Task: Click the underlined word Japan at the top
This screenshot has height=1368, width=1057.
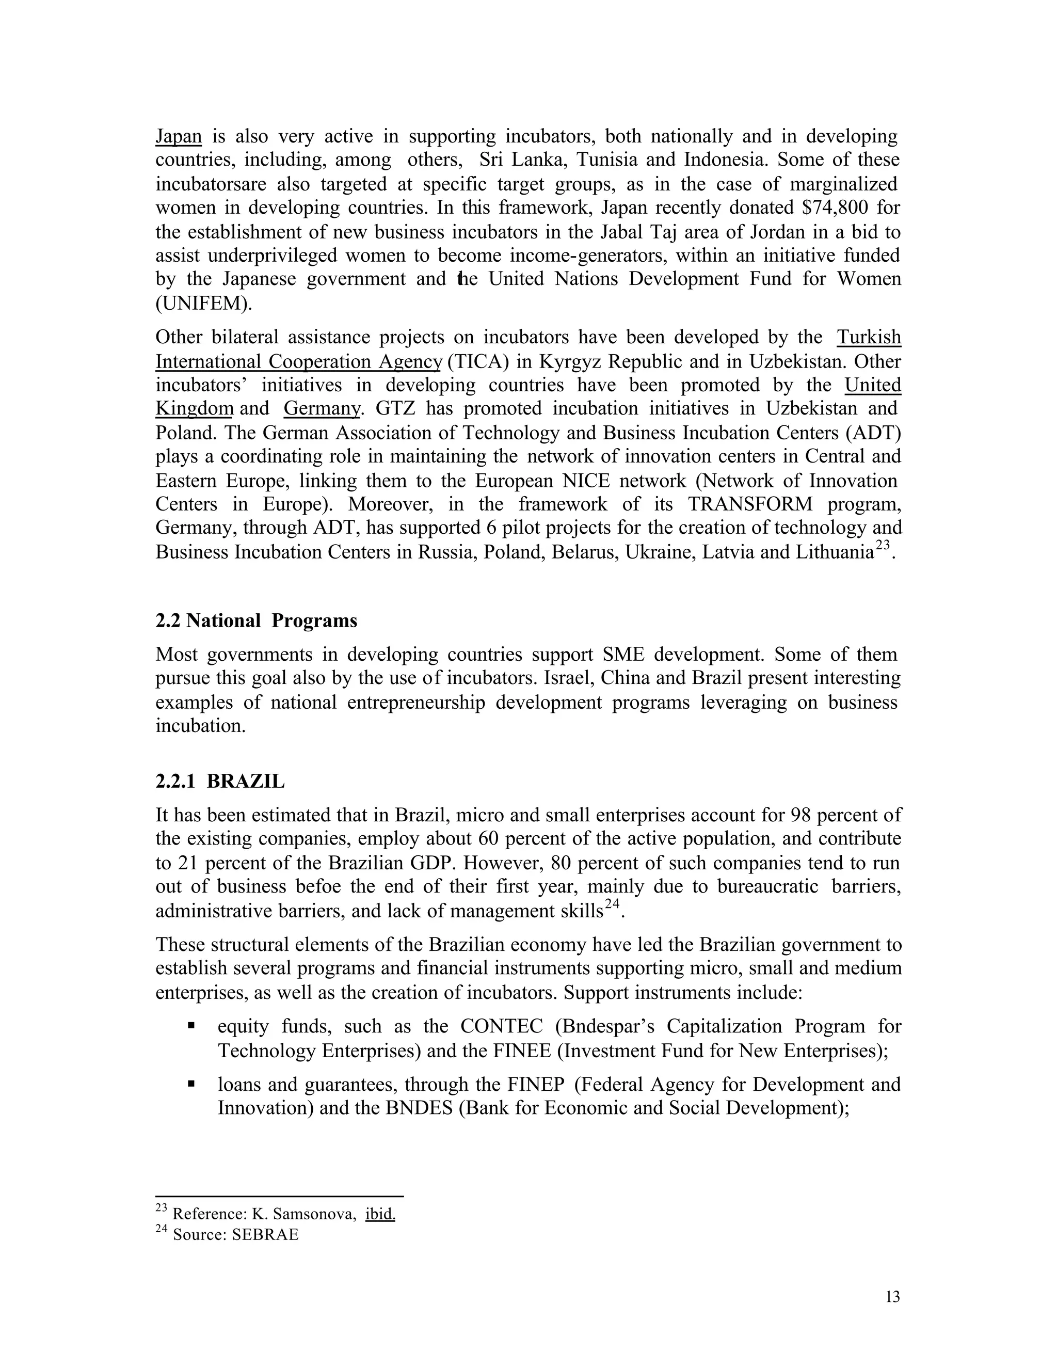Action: click(179, 137)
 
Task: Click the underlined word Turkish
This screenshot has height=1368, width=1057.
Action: click(869, 338)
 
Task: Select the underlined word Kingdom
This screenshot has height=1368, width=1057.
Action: click(194, 409)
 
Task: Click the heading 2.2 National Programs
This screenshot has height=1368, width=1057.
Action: click(256, 621)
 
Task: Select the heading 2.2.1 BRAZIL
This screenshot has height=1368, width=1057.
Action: click(220, 782)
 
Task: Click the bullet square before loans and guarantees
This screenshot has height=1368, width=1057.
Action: click(191, 1083)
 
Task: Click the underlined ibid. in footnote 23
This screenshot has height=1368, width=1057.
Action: click(380, 1215)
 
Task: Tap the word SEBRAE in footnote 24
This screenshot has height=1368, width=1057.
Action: click(265, 1235)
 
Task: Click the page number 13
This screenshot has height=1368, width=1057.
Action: click(893, 1297)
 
